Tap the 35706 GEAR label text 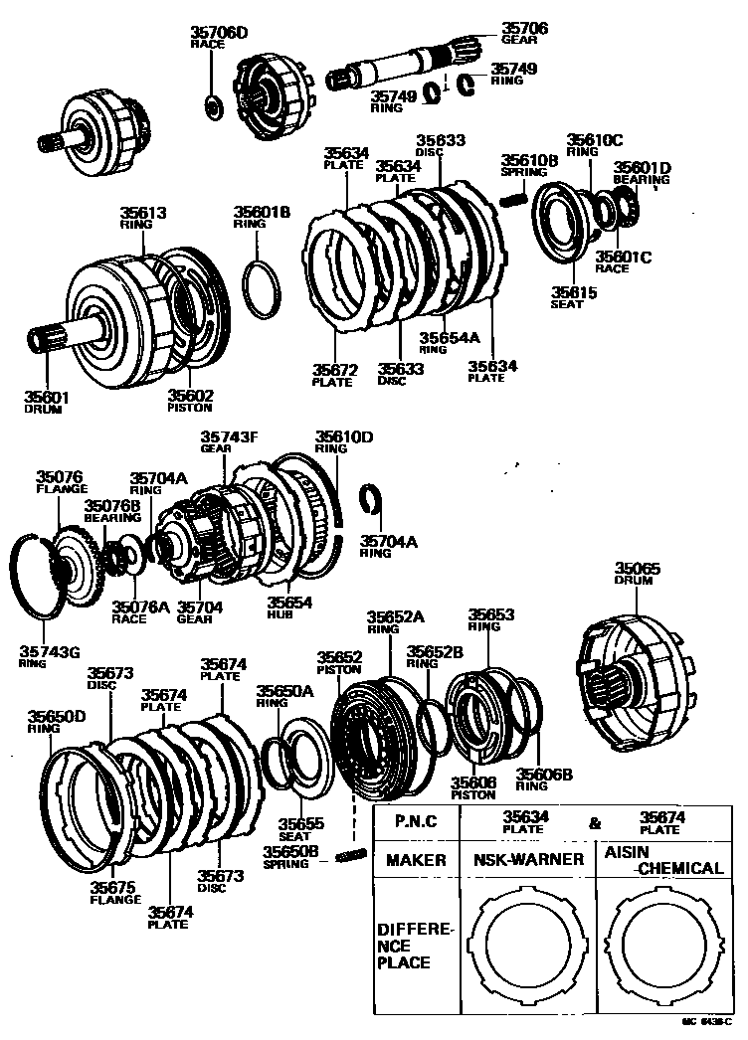coord(523,34)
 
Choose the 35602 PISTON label coord(191,400)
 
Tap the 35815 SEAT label coord(574,298)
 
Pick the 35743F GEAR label coord(230,441)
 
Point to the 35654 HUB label coord(288,607)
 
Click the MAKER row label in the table coord(416,860)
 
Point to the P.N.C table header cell coord(417,821)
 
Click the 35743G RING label coord(44,656)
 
